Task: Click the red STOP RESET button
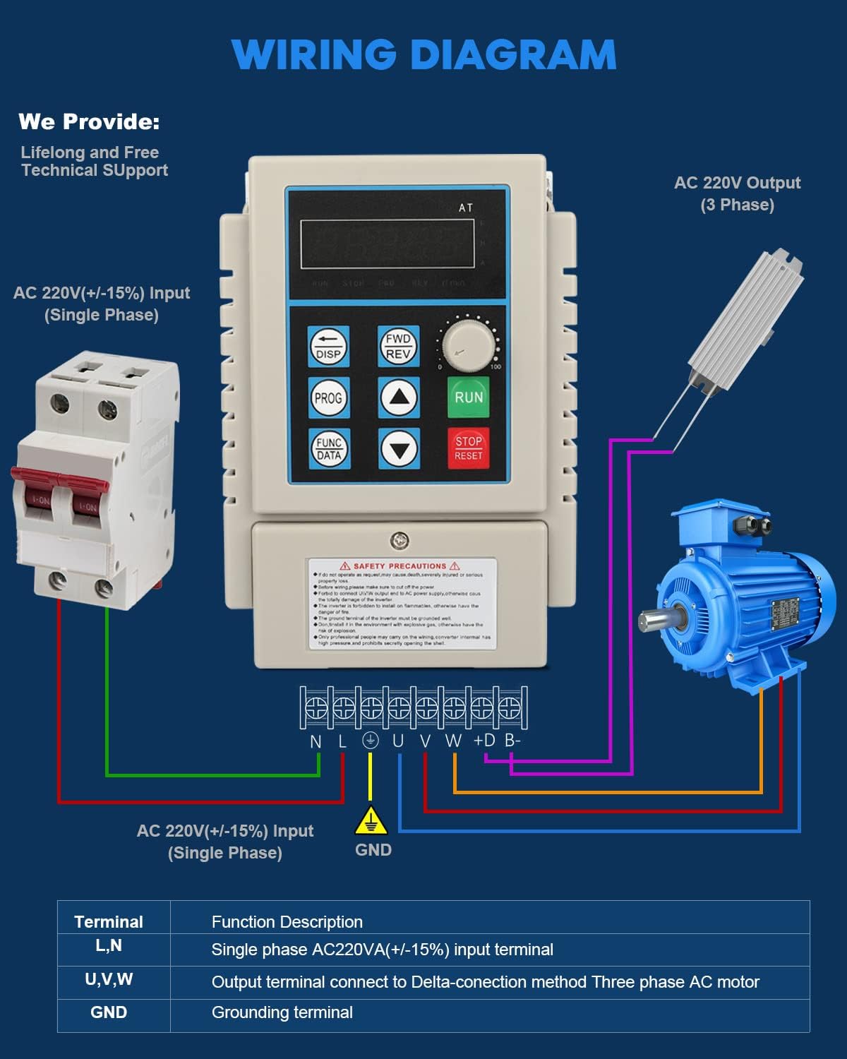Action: click(468, 448)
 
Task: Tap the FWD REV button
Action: click(398, 346)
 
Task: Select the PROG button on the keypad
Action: click(328, 398)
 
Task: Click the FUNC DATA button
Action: click(328, 448)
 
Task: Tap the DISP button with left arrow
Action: click(328, 347)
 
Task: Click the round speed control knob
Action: click(468, 345)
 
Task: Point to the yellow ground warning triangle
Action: click(371, 821)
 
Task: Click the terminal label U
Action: click(398, 741)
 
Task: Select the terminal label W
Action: click(453, 741)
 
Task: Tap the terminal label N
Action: click(316, 741)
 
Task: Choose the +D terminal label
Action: click(484, 741)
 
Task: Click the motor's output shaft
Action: click(653, 621)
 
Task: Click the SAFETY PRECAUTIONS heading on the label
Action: click(400, 566)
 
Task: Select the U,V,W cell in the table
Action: click(109, 980)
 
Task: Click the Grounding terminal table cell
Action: click(282, 1012)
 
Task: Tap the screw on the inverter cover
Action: click(399, 542)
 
